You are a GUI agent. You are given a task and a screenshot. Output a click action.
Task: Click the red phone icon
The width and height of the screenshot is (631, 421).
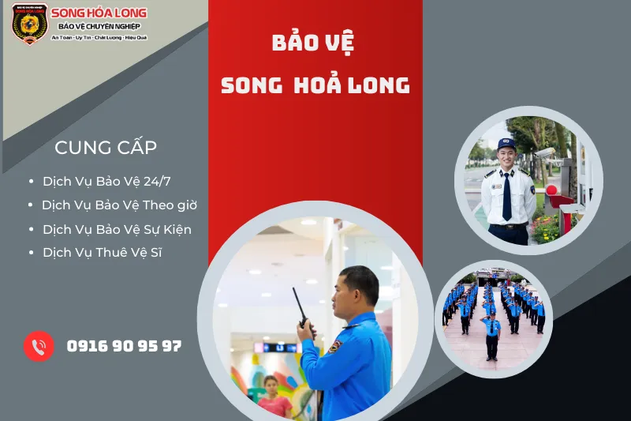click(38, 346)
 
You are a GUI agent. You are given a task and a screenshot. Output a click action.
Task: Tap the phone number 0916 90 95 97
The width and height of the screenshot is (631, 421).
click(125, 346)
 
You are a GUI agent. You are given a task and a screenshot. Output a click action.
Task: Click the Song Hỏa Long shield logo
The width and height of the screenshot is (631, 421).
click(30, 23)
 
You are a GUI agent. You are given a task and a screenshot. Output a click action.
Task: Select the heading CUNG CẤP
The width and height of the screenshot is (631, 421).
click(106, 148)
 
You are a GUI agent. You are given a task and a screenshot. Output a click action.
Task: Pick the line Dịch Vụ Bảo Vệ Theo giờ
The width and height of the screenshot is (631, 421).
click(119, 205)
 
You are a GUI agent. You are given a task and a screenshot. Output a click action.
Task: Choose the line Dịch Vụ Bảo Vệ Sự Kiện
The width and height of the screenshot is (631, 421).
click(117, 229)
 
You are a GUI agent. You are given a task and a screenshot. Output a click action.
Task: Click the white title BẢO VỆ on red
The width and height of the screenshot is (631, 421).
click(314, 43)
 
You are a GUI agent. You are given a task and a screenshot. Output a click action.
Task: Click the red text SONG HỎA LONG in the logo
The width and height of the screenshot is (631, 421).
click(99, 13)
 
